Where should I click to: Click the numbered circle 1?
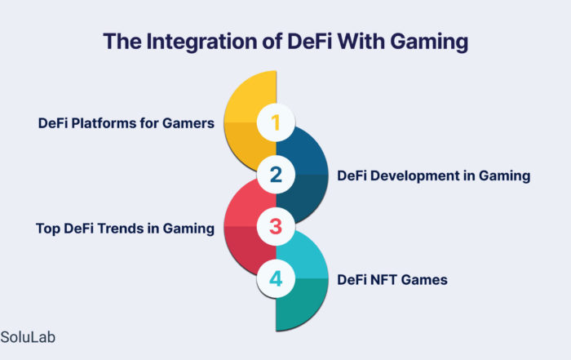pyautogui.click(x=276, y=122)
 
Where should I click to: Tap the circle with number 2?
pyautogui.click(x=276, y=175)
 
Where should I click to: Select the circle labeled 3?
pyautogui.click(x=276, y=227)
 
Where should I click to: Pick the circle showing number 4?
pyautogui.click(x=276, y=278)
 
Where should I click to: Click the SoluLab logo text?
pyautogui.click(x=28, y=337)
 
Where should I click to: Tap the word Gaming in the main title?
pyautogui.click(x=429, y=42)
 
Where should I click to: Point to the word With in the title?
pyautogui.click(x=361, y=41)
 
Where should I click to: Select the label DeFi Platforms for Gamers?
pyautogui.click(x=126, y=123)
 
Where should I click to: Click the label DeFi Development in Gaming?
pyautogui.click(x=433, y=176)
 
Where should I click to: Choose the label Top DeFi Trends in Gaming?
pyautogui.click(x=125, y=229)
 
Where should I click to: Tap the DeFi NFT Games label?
pyautogui.click(x=392, y=280)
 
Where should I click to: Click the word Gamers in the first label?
pyautogui.click(x=188, y=123)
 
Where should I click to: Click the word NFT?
pyautogui.click(x=384, y=280)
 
